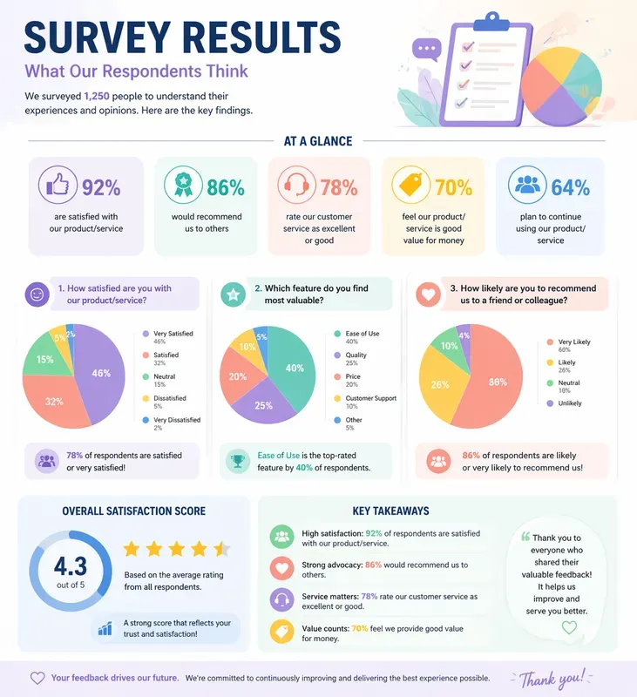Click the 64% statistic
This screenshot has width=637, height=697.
click(x=570, y=187)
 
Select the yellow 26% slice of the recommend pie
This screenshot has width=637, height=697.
click(x=440, y=384)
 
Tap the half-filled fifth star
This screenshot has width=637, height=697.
click(x=221, y=549)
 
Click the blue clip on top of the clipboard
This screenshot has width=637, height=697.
click(x=494, y=19)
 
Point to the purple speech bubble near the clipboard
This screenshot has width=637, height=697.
click(x=426, y=51)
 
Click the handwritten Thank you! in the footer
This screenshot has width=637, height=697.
click(x=552, y=678)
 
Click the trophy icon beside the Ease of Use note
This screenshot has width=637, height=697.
click(x=236, y=461)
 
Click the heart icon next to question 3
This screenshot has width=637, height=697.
click(x=428, y=294)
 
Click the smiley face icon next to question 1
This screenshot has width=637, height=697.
click(x=37, y=294)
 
